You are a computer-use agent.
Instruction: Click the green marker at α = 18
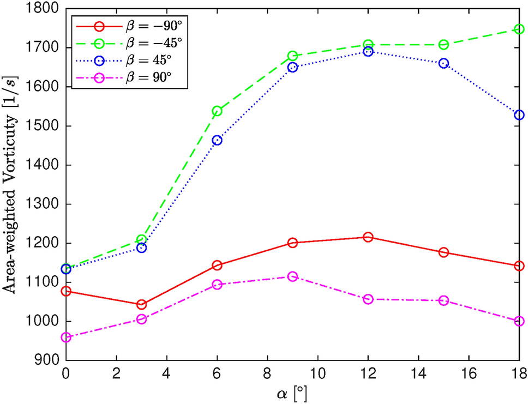519,29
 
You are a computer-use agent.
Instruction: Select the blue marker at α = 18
519,115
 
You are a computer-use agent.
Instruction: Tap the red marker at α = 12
368,237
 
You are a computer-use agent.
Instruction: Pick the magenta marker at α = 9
292,276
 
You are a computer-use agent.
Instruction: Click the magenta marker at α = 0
66,337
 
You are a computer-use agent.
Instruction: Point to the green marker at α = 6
217,111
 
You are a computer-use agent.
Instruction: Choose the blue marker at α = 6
217,140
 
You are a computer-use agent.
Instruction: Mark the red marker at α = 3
141,304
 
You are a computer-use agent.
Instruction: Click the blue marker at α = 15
443,63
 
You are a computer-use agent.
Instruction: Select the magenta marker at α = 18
519,321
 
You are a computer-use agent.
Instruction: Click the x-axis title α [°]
292,392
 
